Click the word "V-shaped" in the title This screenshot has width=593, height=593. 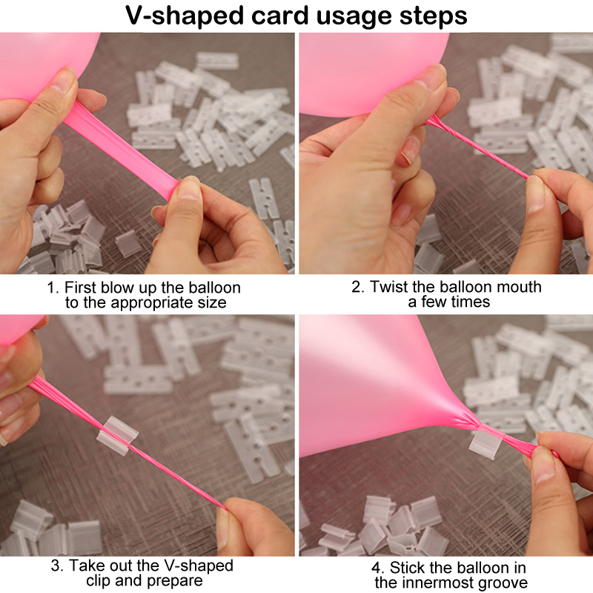[184, 16]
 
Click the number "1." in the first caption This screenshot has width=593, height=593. [53, 288]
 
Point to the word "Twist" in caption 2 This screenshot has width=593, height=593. [388, 287]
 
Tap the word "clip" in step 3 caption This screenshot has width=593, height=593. [99, 580]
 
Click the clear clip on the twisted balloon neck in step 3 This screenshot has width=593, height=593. [117, 436]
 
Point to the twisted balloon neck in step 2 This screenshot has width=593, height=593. [477, 147]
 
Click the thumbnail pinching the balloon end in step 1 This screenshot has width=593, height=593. [189, 189]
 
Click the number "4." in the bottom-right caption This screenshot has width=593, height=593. [378, 568]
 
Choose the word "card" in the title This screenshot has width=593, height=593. [280, 16]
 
